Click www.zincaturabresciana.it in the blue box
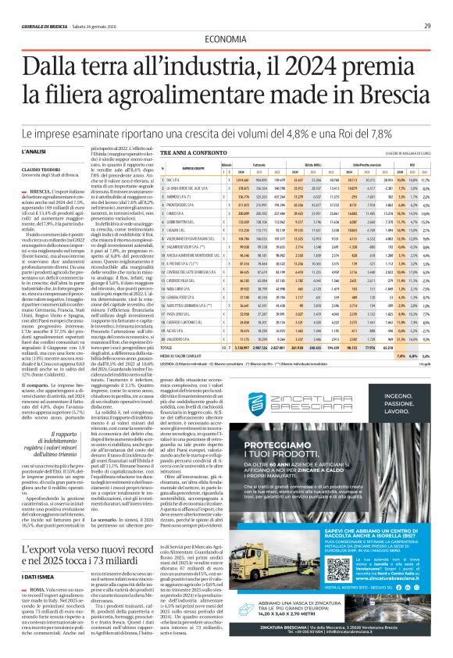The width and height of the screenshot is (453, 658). pyautogui.click(x=389, y=606)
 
